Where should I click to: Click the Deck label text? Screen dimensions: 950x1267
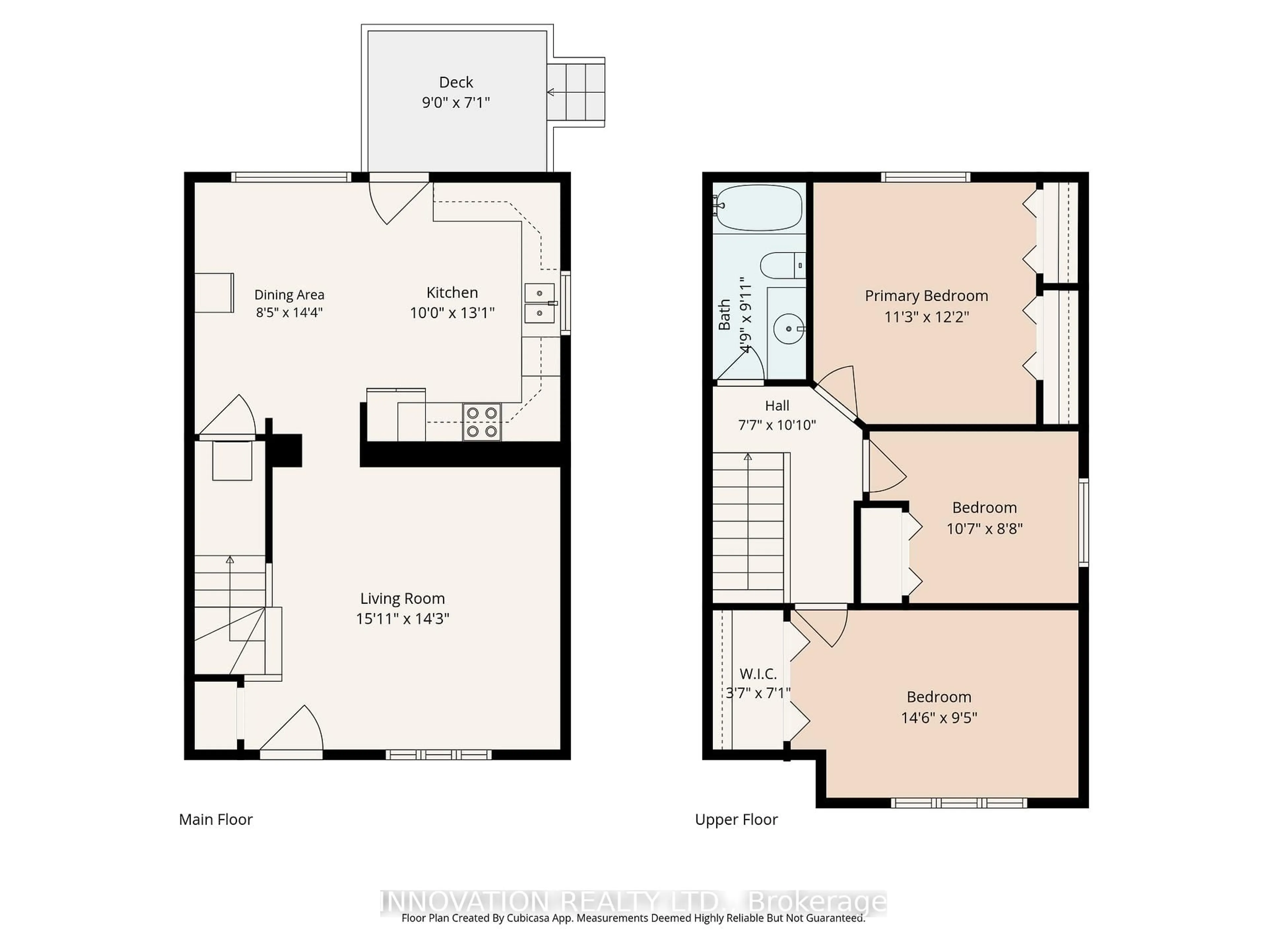pos(456,82)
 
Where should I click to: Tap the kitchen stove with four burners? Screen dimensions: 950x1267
pos(482,422)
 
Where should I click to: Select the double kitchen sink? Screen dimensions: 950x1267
pos(539,303)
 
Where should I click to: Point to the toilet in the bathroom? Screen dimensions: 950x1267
pos(782,266)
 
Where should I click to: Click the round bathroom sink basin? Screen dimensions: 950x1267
pos(789,329)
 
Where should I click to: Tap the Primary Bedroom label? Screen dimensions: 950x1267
pos(926,296)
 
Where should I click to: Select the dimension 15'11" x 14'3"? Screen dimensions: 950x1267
pos(403,619)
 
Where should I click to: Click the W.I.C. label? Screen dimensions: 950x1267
pos(758,674)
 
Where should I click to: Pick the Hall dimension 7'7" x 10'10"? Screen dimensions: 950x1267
pos(777,425)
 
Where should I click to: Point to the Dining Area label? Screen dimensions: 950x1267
pos(289,295)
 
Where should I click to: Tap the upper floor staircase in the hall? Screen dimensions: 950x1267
pos(748,521)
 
